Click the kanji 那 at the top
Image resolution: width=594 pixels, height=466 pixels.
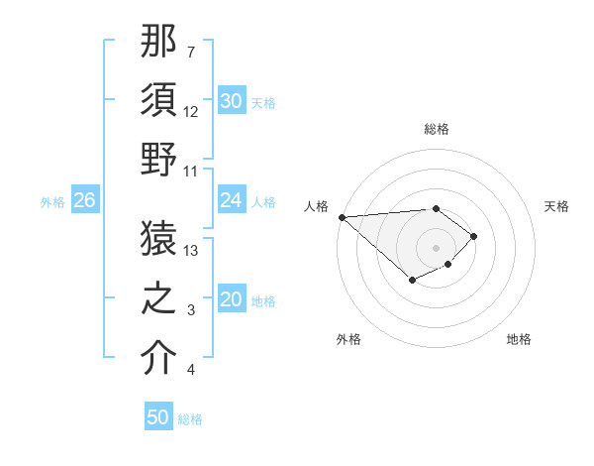point(159,44)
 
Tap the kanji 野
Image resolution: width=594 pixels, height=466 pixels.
point(159,160)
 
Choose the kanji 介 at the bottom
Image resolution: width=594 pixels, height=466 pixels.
point(159,358)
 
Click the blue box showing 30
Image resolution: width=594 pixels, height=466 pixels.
point(232,101)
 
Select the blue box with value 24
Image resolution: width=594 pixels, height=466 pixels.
point(232,200)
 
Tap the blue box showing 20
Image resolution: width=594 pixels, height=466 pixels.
point(232,300)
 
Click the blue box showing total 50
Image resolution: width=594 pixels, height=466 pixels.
point(158,417)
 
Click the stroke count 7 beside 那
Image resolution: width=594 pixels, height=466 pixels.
point(190,52)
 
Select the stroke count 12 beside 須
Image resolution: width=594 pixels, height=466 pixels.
point(192,111)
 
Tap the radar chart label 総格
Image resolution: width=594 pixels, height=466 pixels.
point(437,129)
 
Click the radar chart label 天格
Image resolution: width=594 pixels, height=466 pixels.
point(556,206)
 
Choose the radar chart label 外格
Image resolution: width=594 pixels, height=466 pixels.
point(348,339)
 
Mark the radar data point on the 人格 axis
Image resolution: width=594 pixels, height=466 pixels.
point(342,217)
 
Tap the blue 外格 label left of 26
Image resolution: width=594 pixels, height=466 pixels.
point(52,202)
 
